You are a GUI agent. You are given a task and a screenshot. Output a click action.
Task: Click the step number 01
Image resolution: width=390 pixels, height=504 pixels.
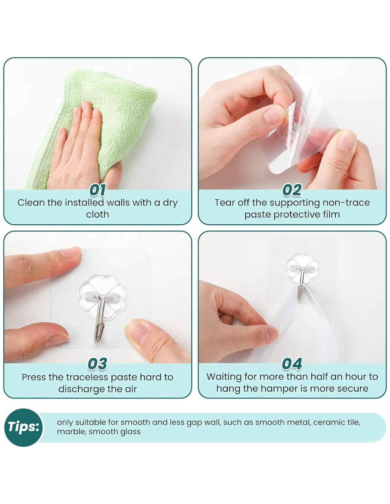click(x=97, y=190)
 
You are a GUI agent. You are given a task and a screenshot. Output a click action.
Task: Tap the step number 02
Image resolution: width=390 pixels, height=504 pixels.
click(x=292, y=190)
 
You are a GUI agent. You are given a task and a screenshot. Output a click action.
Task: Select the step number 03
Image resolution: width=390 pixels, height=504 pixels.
click(x=97, y=364)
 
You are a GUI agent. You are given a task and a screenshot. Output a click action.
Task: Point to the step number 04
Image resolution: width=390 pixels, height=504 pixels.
click(x=292, y=364)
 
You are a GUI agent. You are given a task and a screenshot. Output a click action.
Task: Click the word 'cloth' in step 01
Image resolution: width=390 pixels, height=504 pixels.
click(x=97, y=214)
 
